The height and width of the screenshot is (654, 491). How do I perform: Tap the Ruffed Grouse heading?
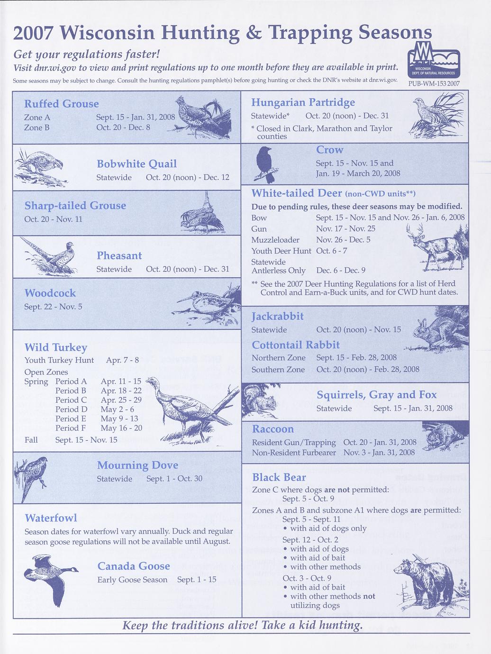[62, 104]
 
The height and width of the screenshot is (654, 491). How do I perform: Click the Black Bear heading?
[279, 477]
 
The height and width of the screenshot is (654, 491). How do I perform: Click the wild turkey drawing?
[190, 408]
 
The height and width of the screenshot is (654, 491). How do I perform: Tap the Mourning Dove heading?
[137, 465]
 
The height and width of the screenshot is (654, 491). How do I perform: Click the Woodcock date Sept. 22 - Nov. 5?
[53, 307]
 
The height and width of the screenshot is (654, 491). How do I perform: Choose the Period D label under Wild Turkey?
[71, 409]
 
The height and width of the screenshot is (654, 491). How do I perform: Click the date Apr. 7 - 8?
[122, 360]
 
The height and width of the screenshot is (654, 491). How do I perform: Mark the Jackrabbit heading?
[277, 316]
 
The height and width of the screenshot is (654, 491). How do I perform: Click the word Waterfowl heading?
[51, 518]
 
